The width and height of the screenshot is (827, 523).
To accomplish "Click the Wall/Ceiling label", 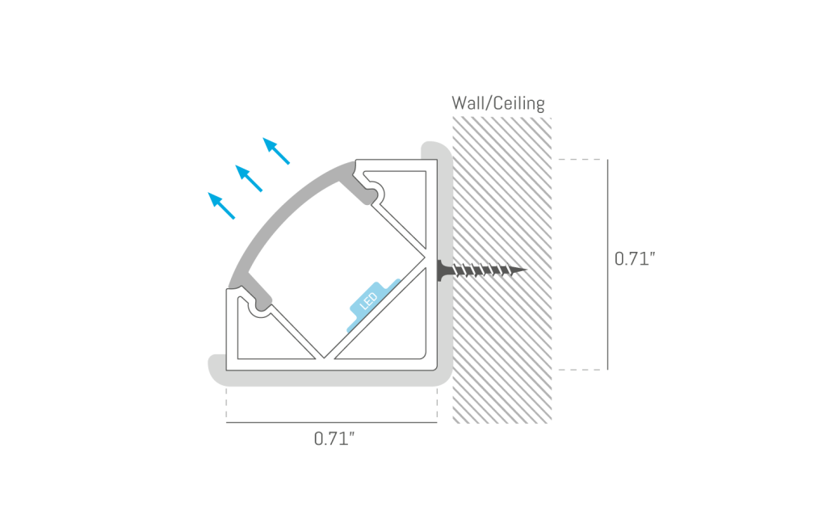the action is [497, 103].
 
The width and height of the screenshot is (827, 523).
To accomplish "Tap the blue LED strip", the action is [373, 305].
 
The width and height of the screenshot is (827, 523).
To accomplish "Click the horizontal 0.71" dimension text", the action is [334, 438].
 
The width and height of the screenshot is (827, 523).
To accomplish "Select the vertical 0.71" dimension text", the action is [635, 259].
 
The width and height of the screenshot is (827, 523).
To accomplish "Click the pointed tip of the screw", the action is [527, 270].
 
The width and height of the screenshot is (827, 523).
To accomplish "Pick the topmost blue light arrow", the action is [276, 151].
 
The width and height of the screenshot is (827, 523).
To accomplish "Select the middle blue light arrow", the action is [249, 178].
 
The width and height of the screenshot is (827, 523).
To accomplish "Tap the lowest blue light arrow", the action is [221, 206].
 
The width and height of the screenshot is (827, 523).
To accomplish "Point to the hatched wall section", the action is [502, 270].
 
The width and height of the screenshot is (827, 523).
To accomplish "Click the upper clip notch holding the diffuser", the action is [376, 192].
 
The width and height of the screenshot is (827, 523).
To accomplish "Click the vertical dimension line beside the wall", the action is [607, 264].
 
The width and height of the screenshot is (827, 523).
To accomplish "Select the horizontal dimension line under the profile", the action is [332, 422].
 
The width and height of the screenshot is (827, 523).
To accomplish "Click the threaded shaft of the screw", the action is [485, 270].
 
